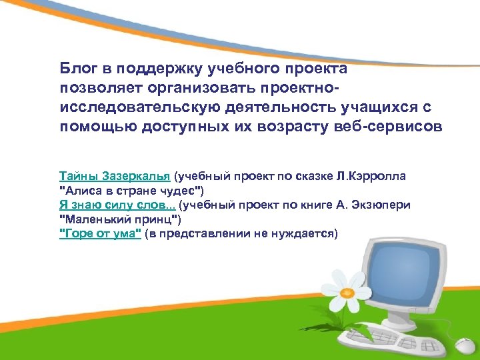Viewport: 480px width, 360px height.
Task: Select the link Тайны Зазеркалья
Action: click(x=115, y=177)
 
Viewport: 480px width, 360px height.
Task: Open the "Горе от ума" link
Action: click(x=100, y=233)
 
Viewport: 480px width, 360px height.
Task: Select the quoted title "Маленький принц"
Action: click(x=120, y=219)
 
